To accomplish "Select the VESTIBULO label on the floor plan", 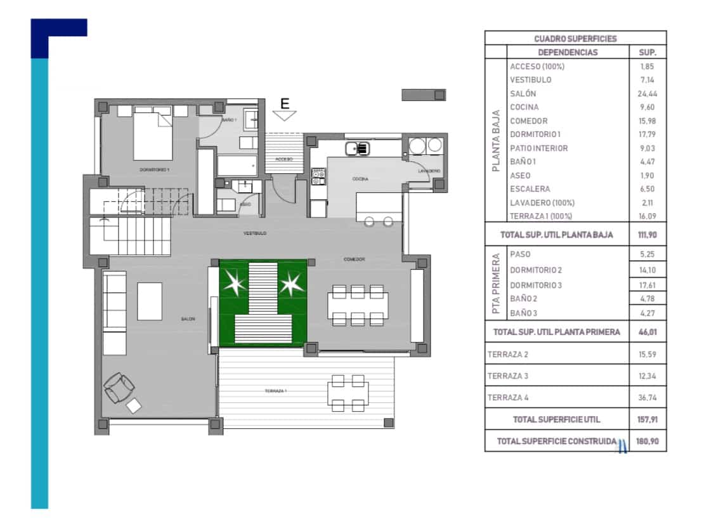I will click(x=255, y=233).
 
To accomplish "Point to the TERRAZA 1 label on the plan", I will click(x=276, y=391).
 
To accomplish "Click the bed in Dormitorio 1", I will click(x=152, y=134).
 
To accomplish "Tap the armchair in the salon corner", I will click(x=119, y=387).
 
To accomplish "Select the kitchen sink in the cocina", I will click(x=357, y=149).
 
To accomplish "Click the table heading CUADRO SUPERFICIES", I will click(x=575, y=39).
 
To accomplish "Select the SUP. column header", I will click(x=647, y=53).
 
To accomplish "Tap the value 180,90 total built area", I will click(x=647, y=441).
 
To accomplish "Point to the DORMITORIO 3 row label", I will click(x=536, y=285).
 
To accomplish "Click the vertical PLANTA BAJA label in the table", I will click(x=497, y=141).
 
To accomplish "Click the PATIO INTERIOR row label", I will click(x=538, y=148).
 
